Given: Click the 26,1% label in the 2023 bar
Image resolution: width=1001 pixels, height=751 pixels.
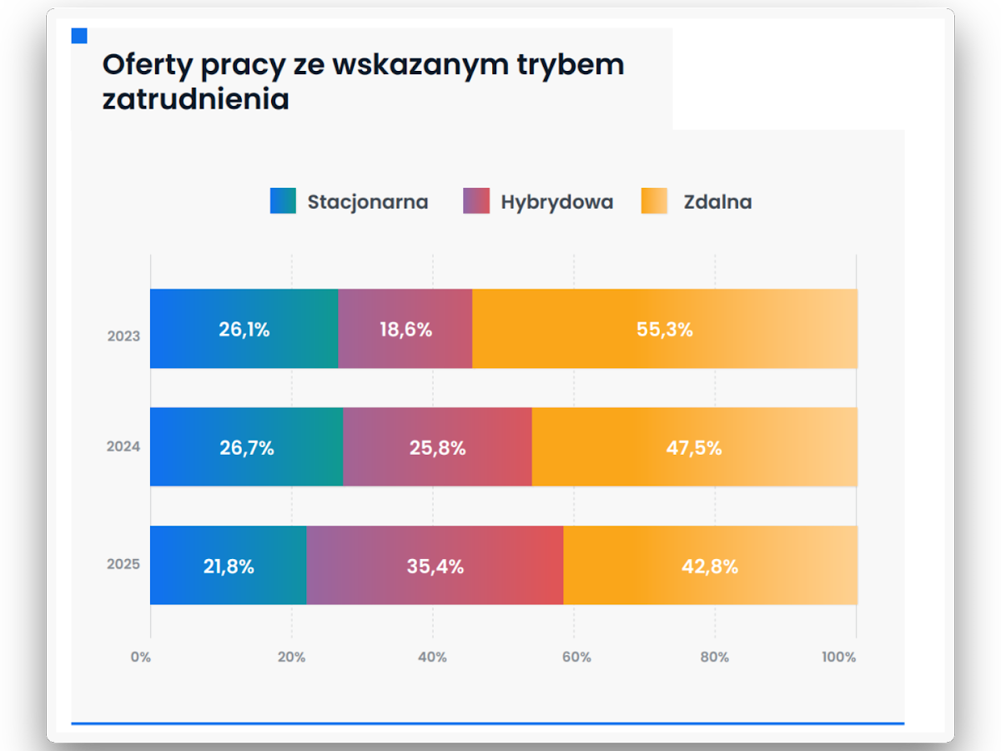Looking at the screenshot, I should [x=244, y=330].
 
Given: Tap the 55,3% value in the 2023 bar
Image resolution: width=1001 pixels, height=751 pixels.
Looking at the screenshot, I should [x=665, y=330].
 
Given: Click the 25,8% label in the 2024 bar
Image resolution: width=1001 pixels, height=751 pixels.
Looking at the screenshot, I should [x=437, y=448].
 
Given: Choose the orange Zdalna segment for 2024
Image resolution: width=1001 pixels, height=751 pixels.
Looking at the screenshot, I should [x=694, y=467].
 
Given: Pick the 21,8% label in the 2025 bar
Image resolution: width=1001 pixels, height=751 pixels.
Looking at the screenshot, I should [x=229, y=567].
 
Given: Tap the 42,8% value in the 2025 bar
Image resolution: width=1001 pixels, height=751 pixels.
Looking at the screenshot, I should [x=710, y=567].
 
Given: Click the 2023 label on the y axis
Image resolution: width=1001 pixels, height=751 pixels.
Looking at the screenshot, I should [x=123, y=337].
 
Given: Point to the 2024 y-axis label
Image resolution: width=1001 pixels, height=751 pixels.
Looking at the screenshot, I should [x=123, y=446].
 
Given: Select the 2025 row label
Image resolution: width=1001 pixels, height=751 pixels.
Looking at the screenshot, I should [x=123, y=564].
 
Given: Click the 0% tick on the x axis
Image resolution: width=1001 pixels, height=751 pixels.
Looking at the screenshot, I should [x=141, y=657].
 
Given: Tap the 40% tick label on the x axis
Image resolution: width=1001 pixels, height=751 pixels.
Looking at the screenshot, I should [x=432, y=657].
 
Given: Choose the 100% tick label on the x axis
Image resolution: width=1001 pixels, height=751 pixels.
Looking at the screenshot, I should [x=838, y=657].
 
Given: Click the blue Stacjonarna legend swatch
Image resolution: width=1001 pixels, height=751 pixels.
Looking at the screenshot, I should [x=283, y=201].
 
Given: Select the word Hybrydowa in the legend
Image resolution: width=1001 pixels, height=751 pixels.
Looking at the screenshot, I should [x=556, y=202].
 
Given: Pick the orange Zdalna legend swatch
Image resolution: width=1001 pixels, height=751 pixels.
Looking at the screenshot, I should [x=654, y=201].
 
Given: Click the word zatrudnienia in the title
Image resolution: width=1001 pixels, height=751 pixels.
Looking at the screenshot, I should [x=196, y=99].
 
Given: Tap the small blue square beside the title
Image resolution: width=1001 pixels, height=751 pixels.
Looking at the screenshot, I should [x=79, y=36].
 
